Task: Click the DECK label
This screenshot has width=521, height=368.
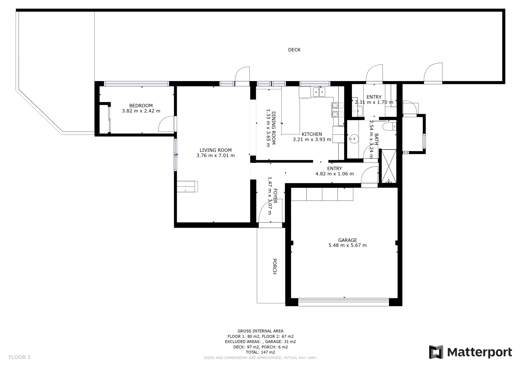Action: pyautogui.click(x=294, y=50)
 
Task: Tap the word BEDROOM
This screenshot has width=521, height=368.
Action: pyautogui.click(x=141, y=106)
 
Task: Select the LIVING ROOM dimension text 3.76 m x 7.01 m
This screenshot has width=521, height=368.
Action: pyautogui.click(x=215, y=156)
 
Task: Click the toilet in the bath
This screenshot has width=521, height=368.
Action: pyautogui.click(x=389, y=126)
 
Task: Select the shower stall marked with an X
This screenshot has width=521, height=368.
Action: pyautogui.click(x=389, y=166)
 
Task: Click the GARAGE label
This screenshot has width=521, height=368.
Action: pyautogui.click(x=347, y=240)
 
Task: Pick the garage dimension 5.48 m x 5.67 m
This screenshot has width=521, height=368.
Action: pyautogui.click(x=347, y=246)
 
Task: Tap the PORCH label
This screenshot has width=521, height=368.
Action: pyautogui.click(x=275, y=266)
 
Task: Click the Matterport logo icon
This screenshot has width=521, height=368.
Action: pyautogui.click(x=436, y=352)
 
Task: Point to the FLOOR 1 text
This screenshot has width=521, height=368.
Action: pyautogui.click(x=20, y=357)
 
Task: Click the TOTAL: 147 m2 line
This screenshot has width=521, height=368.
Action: pyautogui.click(x=260, y=352)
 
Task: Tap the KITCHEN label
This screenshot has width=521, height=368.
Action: pyautogui.click(x=312, y=134)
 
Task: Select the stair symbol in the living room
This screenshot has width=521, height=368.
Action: pyautogui.click(x=187, y=186)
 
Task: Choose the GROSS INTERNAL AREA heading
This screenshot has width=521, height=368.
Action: pyautogui.click(x=260, y=331)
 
